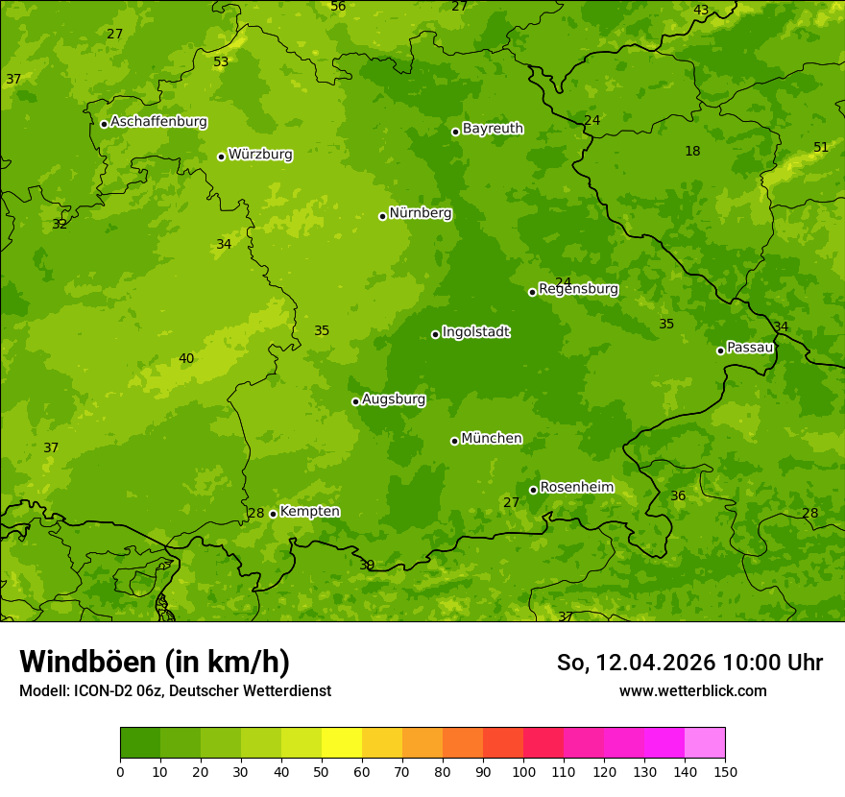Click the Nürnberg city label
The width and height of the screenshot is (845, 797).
[x=420, y=213]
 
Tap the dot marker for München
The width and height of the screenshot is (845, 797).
[x=454, y=441]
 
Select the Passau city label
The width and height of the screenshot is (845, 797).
[x=750, y=348]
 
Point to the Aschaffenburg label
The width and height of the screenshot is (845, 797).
[x=158, y=122]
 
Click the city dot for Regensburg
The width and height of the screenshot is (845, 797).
[x=532, y=292]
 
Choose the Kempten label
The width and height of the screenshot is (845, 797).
[x=309, y=512]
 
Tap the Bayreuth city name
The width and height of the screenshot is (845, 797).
[x=493, y=129]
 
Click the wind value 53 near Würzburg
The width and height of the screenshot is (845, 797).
[x=221, y=62]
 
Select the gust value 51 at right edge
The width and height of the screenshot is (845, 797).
[x=820, y=147]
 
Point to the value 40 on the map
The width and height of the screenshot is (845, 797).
[x=186, y=359]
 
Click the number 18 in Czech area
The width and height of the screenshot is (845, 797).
[x=692, y=152]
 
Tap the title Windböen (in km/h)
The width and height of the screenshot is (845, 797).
[x=155, y=662]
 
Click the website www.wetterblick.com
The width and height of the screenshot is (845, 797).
[x=692, y=690]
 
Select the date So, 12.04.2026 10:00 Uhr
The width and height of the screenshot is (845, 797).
[x=689, y=663]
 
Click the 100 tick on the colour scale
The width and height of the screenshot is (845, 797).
[x=523, y=771]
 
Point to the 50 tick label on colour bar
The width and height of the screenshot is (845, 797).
[x=322, y=771]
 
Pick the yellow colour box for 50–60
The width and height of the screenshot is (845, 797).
[x=342, y=743]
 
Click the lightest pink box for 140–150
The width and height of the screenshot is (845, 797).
[x=705, y=743]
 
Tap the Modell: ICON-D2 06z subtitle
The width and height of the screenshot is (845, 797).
[x=175, y=690]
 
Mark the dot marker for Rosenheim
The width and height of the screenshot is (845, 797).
[x=533, y=490]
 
